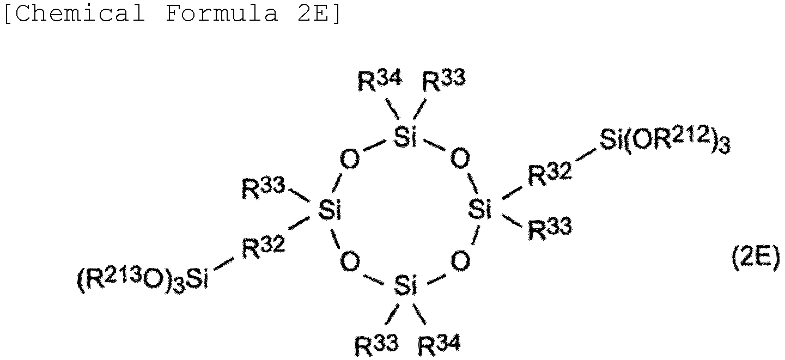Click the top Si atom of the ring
click(x=405, y=137)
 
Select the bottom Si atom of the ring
click(x=406, y=285)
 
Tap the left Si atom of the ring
click(x=330, y=210)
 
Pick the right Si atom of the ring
click(x=480, y=209)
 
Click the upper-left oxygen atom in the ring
click(x=350, y=160)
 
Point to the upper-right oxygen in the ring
click(x=460, y=158)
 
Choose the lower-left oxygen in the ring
click(x=350, y=261)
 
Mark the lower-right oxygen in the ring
click(x=460, y=260)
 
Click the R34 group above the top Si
click(x=380, y=80)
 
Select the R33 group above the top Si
click(x=443, y=80)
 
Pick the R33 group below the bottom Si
click(x=376, y=345)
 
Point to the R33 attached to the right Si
click(x=550, y=229)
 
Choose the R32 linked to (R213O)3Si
click(x=264, y=247)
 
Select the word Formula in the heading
click(x=222, y=14)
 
